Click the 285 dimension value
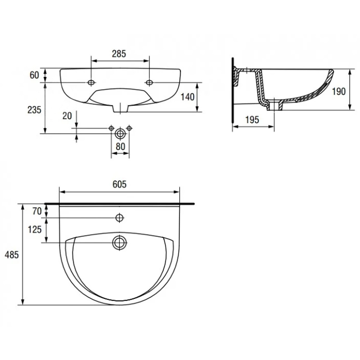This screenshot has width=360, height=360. [x=119, y=54]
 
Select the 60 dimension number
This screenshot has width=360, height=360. [x=34, y=75]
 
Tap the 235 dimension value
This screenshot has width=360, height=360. [x=34, y=110]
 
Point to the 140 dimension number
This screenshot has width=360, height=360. [x=187, y=97]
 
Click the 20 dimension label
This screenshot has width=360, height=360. [x=67, y=116]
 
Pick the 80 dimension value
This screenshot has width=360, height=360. [x=120, y=147]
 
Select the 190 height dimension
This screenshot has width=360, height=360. [x=339, y=91]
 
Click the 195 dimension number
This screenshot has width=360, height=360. [x=252, y=120]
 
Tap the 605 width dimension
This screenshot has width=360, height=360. [x=119, y=184]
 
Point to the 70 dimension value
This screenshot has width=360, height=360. [x=37, y=211]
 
